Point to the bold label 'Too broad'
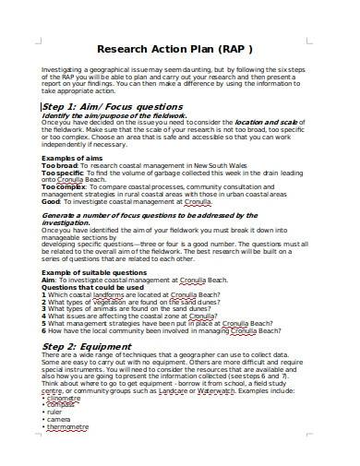(60, 166)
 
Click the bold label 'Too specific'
(63, 173)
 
